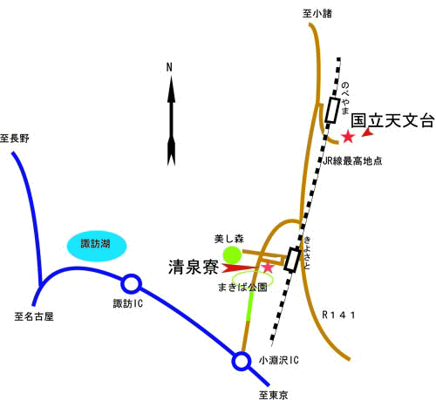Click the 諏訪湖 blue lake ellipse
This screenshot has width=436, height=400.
[97, 247]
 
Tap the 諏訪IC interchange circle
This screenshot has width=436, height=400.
[131, 284]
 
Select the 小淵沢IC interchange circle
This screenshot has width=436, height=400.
[242, 362]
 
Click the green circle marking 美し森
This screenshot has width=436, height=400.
[232, 254]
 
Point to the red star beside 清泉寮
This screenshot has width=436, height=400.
[268, 267]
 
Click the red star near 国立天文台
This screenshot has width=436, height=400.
[348, 137]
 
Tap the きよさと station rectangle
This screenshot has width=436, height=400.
[292, 260]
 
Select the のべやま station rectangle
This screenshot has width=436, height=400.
[332, 111]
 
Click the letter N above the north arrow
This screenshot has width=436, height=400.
[169, 67]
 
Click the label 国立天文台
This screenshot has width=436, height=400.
[392, 120]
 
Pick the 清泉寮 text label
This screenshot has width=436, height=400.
[194, 267]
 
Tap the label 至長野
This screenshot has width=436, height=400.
[15, 139]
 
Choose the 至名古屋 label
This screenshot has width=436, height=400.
[34, 316]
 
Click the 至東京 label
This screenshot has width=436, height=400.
[274, 395]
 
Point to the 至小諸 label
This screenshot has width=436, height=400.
[317, 13]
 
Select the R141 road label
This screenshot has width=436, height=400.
[338, 315]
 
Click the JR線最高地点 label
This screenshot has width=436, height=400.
[352, 160]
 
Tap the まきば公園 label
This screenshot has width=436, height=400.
[242, 288]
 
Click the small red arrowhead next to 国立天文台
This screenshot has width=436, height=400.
[368, 132]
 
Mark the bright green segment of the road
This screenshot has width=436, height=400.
[249, 305]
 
